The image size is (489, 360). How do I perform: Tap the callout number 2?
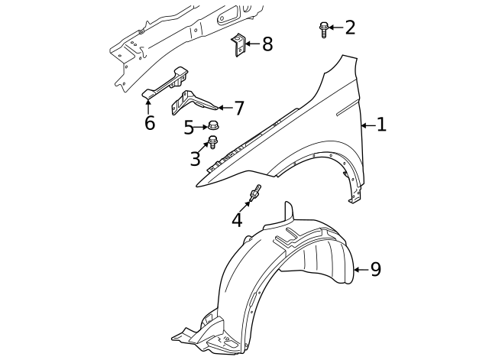click(350, 28)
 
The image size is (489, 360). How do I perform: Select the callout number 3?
click(196, 159)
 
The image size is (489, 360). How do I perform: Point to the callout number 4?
click(237, 220)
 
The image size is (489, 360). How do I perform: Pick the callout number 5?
click(189, 128)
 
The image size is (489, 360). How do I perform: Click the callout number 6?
click(149, 122)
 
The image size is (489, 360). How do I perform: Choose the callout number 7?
click(239, 109)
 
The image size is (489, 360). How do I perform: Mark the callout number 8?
click(267, 44)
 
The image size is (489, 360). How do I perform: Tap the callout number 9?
click(375, 269)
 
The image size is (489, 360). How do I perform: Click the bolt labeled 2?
click(323, 29)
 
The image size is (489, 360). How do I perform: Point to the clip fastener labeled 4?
click(255, 194)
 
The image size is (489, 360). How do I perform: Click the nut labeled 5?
click(214, 126)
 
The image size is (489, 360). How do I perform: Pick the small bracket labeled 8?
click(238, 44)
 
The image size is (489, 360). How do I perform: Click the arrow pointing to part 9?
click(360, 269)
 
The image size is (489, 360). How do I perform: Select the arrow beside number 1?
click(367, 125)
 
